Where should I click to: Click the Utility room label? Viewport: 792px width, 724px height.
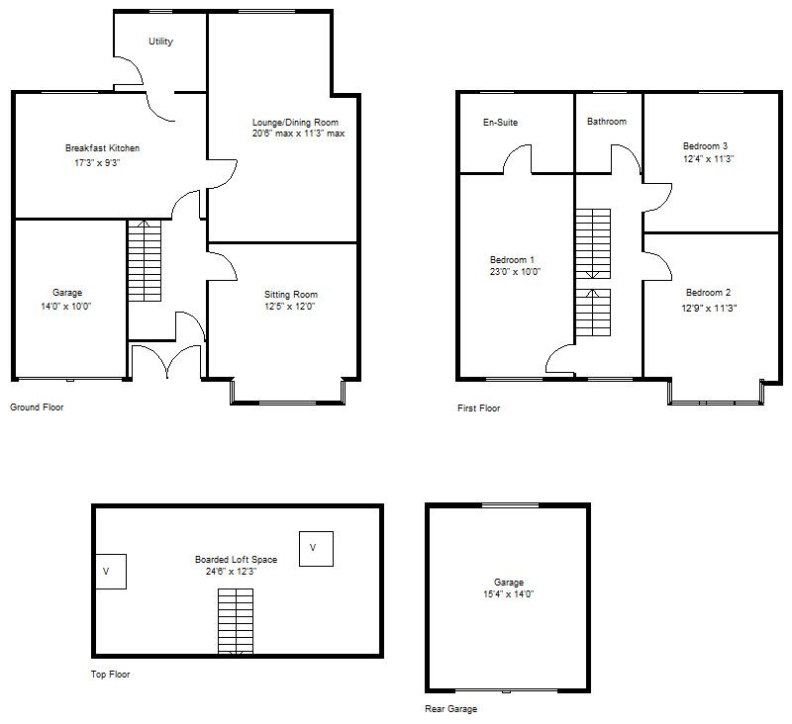[160, 42]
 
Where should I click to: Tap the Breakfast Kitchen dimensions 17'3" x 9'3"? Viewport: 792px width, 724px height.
[102, 163]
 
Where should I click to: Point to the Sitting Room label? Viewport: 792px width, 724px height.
[291, 295]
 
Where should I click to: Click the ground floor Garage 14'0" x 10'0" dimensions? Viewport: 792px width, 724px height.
[67, 307]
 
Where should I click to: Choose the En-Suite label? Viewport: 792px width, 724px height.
[500, 123]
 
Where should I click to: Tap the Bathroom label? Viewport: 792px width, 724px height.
[606, 122]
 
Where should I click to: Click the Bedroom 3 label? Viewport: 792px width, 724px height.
[708, 144]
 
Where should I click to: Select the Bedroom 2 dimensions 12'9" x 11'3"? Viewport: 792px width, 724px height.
[708, 308]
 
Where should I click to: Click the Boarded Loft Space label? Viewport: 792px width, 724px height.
[236, 560]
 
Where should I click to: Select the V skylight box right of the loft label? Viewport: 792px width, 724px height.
[315, 548]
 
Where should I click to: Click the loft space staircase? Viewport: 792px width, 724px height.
[236, 621]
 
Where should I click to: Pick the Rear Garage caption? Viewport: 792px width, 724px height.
[450, 708]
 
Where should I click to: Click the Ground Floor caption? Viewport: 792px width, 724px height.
[38, 407]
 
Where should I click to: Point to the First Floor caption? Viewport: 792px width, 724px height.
[479, 407]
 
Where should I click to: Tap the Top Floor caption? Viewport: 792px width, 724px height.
[109, 675]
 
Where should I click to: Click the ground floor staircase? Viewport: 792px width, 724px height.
[144, 262]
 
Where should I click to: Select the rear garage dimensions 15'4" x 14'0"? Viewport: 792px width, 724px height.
[509, 594]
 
